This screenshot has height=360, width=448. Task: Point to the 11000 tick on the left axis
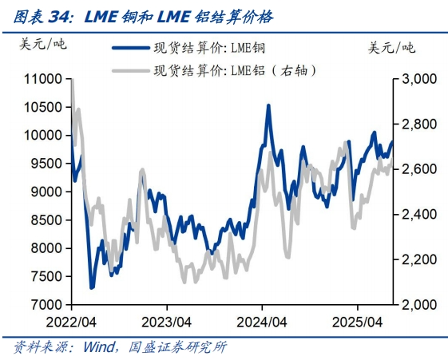coord(44,79)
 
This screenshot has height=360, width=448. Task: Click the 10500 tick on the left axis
coord(44,108)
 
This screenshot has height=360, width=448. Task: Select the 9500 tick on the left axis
coord(46,164)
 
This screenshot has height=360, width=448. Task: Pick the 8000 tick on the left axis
coord(46,248)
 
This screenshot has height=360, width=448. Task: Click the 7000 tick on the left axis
coord(46,305)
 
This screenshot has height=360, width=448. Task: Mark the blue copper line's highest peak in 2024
coord(268,105)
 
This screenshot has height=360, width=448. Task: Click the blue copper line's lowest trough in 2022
coord(91,287)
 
